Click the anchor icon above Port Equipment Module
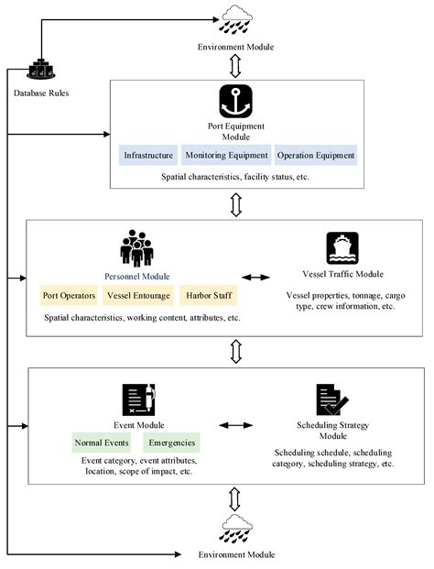coord(235,101)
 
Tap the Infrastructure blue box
coord(148,155)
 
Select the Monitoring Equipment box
coord(226,155)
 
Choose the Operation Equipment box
coord(316,155)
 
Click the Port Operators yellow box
coord(69,295)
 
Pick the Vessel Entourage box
coord(138,295)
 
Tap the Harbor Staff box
coord(209,295)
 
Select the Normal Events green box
coord(102,443)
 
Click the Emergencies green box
coord(172,443)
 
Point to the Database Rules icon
coord(41,70)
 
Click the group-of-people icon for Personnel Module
coord(136,248)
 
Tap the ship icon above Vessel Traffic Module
coord(342,248)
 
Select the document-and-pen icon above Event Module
coord(139,399)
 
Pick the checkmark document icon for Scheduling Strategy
coord(332,399)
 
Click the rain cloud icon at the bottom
coord(236,529)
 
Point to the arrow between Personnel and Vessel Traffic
coord(256,278)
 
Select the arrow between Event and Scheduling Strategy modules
coord(235,425)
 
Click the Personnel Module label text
coord(137,277)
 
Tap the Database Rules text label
coord(41,93)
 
